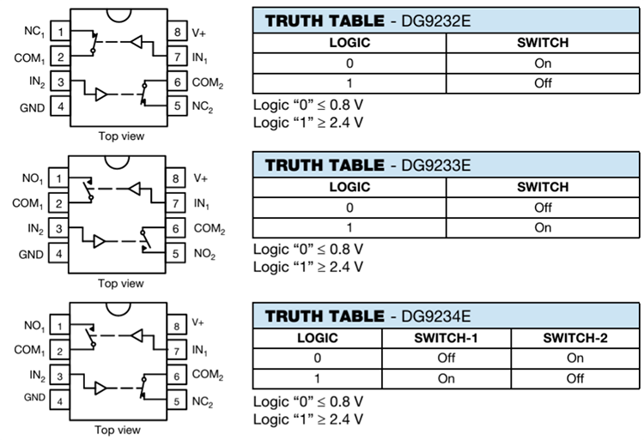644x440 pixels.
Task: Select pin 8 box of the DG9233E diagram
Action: pos(176,179)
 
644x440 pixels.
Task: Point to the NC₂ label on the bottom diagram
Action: pos(204,400)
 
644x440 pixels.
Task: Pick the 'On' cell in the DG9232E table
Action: pos(542,63)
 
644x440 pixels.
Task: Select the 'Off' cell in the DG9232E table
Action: pos(542,83)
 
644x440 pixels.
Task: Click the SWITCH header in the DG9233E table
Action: pos(542,186)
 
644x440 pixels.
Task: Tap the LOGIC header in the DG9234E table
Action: pos(317,337)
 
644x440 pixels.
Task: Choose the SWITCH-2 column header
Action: pos(574,337)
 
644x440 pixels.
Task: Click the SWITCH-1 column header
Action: pos(446,337)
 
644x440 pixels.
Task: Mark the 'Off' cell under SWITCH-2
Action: pos(574,378)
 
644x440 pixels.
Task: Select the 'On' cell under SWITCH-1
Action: pos(446,378)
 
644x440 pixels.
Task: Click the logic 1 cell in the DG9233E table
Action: pos(349,227)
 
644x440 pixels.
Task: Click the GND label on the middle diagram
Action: pos(32,254)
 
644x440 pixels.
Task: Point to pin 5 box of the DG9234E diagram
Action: pos(176,400)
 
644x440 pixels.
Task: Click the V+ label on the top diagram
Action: pos(199,33)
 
